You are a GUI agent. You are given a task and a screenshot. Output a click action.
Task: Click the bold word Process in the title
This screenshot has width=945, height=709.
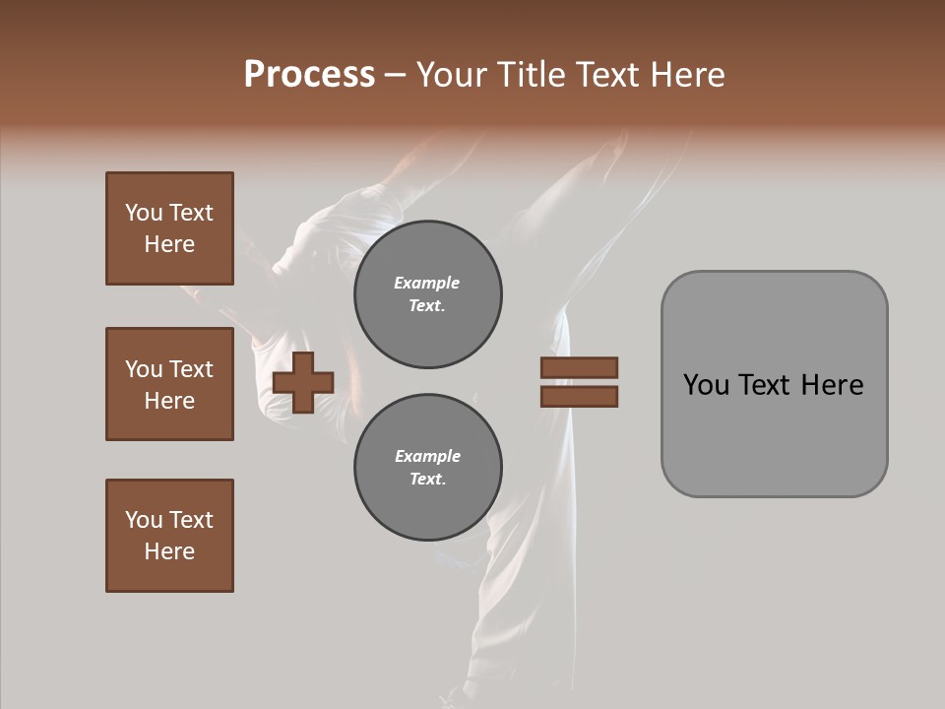(x=309, y=75)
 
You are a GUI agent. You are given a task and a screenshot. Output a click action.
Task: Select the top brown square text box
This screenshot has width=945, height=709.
(x=169, y=228)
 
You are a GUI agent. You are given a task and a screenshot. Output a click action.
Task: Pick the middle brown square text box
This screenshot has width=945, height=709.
(x=169, y=384)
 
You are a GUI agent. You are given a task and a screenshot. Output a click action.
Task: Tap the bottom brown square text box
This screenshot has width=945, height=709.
(x=169, y=536)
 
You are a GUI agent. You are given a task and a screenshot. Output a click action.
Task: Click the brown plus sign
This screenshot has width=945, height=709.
(x=303, y=382)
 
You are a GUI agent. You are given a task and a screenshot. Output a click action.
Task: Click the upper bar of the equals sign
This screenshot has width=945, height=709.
(x=579, y=368)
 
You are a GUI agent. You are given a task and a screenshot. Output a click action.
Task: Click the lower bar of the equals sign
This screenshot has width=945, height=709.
(x=579, y=397)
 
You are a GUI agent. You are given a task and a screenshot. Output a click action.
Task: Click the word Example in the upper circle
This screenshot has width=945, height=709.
(x=427, y=283)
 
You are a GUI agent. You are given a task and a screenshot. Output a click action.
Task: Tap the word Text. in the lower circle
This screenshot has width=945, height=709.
(x=427, y=480)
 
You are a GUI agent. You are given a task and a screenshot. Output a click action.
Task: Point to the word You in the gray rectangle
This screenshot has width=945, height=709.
(x=705, y=385)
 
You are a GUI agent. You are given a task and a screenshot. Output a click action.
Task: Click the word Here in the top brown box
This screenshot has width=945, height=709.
(x=169, y=244)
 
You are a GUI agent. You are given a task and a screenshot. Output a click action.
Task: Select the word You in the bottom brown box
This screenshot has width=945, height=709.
(x=144, y=520)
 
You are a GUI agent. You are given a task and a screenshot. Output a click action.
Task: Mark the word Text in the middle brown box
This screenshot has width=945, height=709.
(x=190, y=369)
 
